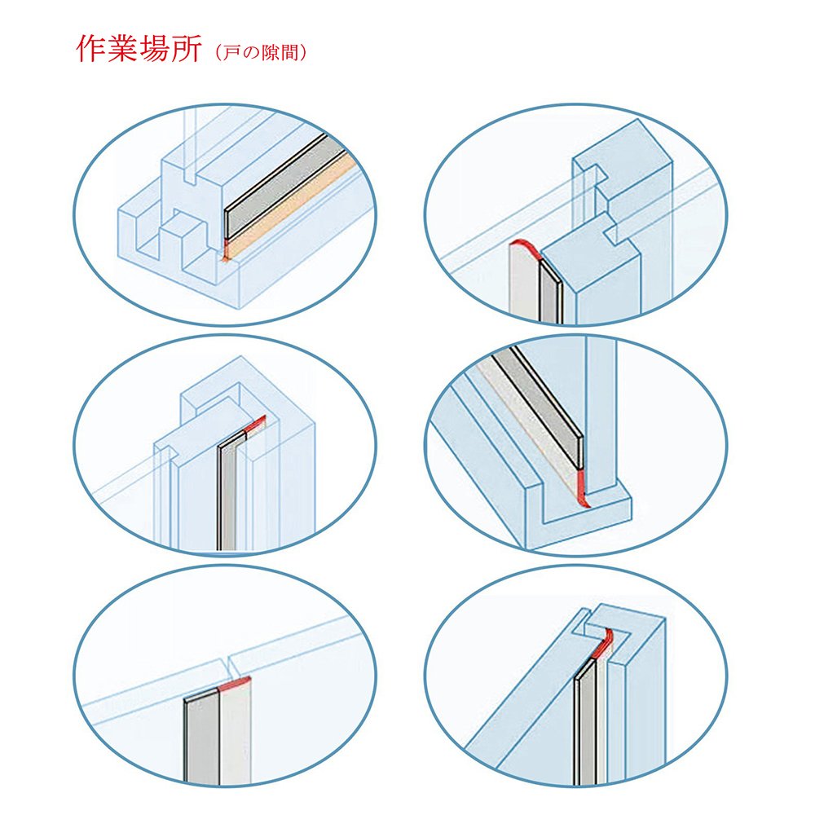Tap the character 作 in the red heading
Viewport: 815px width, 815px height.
91,50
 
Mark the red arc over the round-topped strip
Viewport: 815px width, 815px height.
525,245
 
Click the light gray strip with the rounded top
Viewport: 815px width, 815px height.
521,285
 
